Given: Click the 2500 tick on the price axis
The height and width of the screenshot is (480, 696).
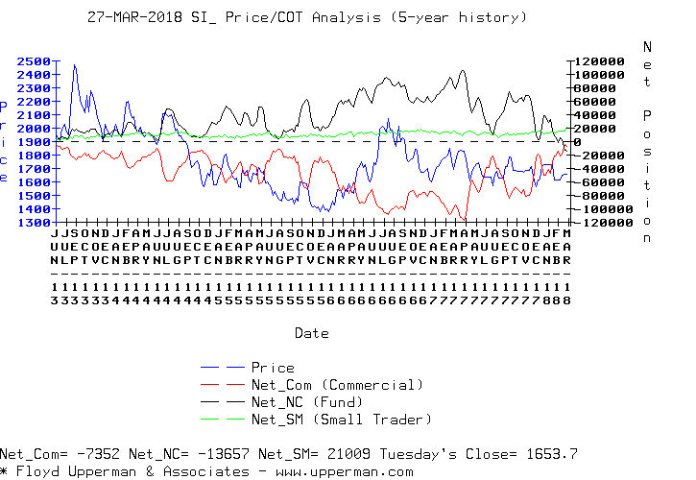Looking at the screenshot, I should pyautogui.click(x=35, y=61).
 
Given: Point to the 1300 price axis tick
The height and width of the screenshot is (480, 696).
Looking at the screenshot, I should pyautogui.click(x=35, y=223).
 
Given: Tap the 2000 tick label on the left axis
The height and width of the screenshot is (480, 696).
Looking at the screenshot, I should pyautogui.click(x=35, y=129).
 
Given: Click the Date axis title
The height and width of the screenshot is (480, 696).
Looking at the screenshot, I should pyautogui.click(x=312, y=334).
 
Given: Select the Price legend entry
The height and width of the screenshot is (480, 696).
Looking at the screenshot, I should pyautogui.click(x=272, y=368).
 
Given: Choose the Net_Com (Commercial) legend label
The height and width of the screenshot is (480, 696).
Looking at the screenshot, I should pyautogui.click(x=337, y=385).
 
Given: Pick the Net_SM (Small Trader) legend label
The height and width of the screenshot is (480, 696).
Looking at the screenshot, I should pyautogui.click(x=341, y=420).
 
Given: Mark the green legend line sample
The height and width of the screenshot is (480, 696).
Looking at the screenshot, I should pyautogui.click(x=222, y=420).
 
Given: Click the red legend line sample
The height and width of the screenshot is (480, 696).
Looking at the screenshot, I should pyautogui.click(x=222, y=385).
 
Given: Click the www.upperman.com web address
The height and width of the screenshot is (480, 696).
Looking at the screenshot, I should pyautogui.click(x=357, y=471).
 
